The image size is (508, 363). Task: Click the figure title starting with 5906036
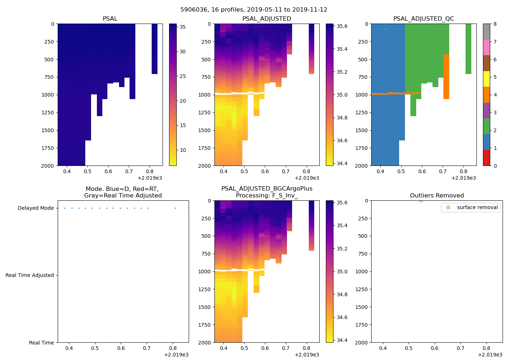[x=254, y=10]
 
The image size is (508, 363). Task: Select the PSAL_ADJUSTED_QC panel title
[x=423, y=19]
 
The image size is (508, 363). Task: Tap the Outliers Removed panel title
[x=437, y=196]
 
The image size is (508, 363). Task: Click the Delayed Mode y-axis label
[x=36, y=208]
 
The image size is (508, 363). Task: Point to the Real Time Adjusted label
[x=29, y=276]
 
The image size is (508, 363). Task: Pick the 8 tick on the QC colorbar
[x=495, y=24]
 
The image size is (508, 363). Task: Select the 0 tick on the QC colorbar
[x=495, y=166]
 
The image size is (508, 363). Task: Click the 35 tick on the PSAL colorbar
[x=183, y=27]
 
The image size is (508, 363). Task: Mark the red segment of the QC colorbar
[x=486, y=158]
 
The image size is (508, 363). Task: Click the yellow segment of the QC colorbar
[x=486, y=79]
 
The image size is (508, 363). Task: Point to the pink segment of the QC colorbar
[x=486, y=48]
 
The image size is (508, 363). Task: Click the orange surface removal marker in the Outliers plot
[x=421, y=201]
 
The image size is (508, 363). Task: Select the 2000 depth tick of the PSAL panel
[x=48, y=166]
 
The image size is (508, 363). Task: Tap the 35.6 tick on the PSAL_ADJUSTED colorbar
[x=342, y=26]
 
